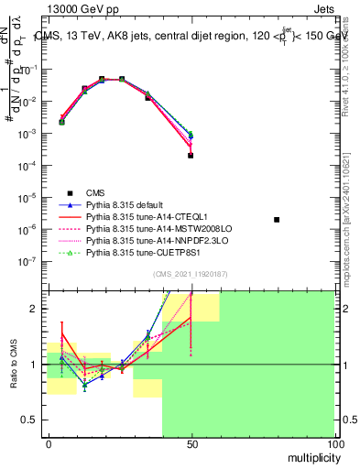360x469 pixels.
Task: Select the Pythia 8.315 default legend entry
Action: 127,204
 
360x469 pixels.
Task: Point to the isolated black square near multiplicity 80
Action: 278,220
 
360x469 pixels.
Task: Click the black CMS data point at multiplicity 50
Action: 191,156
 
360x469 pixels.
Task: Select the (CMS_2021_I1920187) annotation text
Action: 191,274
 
